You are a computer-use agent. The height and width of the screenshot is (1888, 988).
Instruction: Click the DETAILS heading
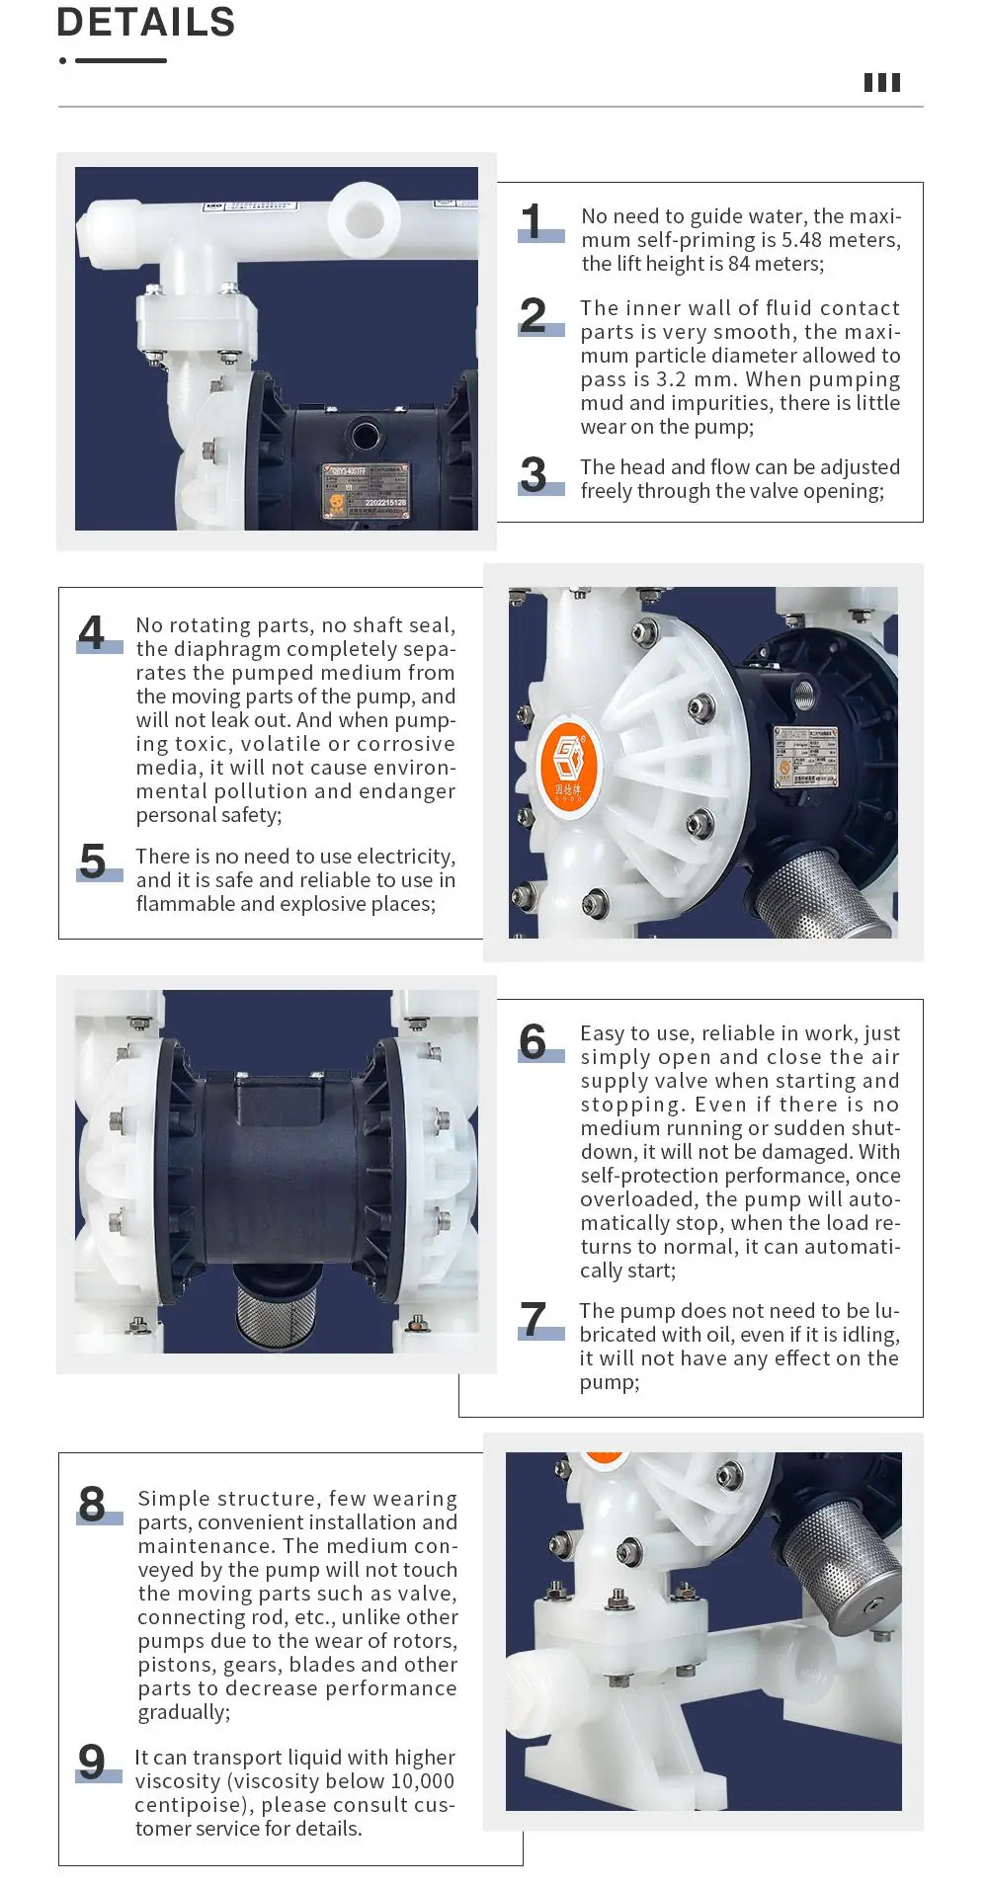pyautogui.click(x=146, y=22)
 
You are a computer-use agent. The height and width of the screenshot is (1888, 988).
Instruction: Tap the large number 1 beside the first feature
pyautogui.click(x=533, y=221)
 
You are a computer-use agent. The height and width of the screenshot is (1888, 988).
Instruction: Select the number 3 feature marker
pyautogui.click(x=534, y=475)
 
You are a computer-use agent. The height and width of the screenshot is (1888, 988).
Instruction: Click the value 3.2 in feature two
pyautogui.click(x=671, y=379)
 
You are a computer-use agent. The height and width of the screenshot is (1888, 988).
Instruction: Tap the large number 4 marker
pyautogui.click(x=92, y=632)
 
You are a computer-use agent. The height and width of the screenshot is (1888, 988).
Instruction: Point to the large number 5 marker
pyautogui.click(x=93, y=862)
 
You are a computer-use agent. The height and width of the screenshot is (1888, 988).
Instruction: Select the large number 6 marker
pyautogui.click(x=533, y=1042)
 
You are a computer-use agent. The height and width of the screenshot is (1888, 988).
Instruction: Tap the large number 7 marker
pyautogui.click(x=534, y=1319)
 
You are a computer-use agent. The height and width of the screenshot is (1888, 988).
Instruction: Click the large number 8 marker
pyautogui.click(x=92, y=1505)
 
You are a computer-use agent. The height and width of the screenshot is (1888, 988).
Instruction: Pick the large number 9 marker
pyautogui.click(x=92, y=1762)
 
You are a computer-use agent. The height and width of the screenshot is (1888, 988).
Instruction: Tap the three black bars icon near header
pyautogui.click(x=882, y=83)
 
